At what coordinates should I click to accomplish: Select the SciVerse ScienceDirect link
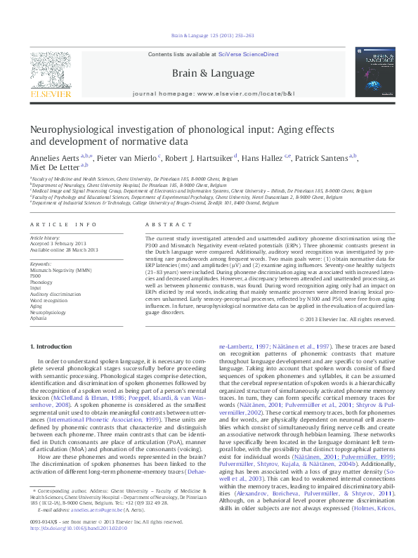point(249,54)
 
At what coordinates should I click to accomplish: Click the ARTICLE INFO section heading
point(63,225)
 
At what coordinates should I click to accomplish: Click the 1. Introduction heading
point(53,347)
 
